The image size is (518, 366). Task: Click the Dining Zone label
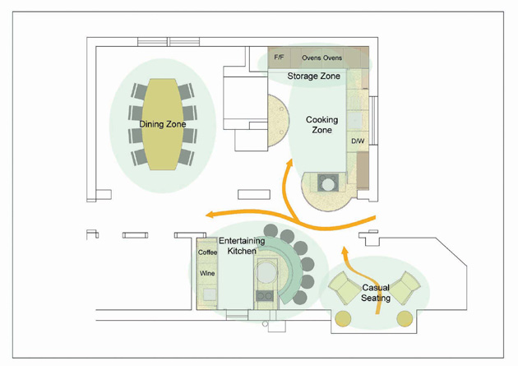(163, 124)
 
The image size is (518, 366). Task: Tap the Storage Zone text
(313, 76)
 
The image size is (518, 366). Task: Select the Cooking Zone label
(321, 124)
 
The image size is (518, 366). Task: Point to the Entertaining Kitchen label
(242, 246)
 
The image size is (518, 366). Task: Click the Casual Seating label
(376, 293)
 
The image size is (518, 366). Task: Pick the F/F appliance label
(279, 58)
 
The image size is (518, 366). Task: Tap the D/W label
(358, 141)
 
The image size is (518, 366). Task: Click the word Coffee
(207, 252)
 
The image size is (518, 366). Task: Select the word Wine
(207, 273)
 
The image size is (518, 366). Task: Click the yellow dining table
(163, 124)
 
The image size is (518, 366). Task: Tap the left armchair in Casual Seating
(344, 288)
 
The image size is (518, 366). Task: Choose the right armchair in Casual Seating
(405, 288)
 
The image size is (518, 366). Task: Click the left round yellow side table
(343, 319)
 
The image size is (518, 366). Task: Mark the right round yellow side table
(405, 319)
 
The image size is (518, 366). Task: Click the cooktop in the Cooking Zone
(328, 183)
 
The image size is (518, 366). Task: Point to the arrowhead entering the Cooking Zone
(289, 164)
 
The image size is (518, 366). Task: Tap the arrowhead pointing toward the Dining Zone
(210, 215)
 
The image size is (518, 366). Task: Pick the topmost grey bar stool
(271, 230)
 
